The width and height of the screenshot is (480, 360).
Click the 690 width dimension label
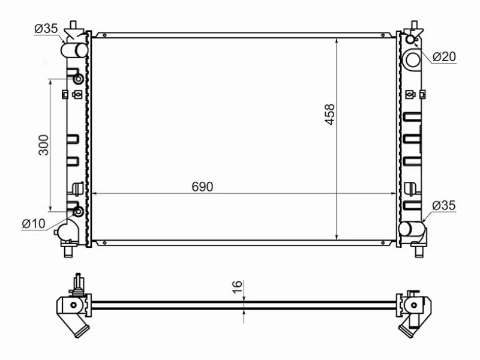202,187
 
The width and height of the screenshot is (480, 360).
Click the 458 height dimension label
329,115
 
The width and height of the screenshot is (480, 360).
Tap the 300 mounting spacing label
43,145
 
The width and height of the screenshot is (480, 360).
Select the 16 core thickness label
237,287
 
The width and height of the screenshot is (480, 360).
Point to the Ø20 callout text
444,56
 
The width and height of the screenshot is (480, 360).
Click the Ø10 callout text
34,224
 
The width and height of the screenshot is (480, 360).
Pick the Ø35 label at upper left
46,28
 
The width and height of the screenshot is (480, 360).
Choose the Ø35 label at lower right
444,205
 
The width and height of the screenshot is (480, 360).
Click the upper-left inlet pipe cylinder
74,50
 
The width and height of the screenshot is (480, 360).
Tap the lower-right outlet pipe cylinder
412,229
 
